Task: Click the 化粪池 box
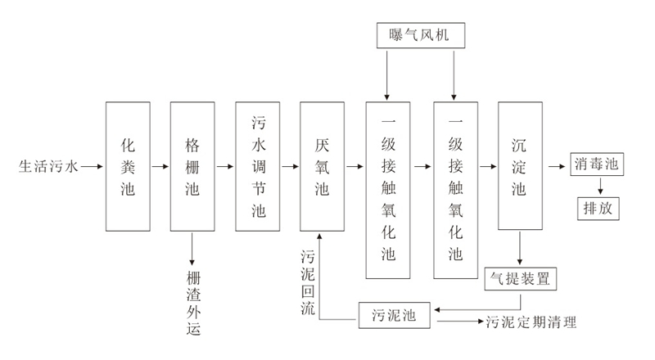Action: pyautogui.click(x=128, y=165)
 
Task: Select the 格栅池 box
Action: pyautogui.click(x=192, y=165)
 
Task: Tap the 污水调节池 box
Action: pyautogui.click(x=257, y=165)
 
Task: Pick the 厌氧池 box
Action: pyautogui.click(x=322, y=165)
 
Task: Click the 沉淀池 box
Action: pyautogui.click(x=519, y=165)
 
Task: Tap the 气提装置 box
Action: pyautogui.click(x=521, y=279)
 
